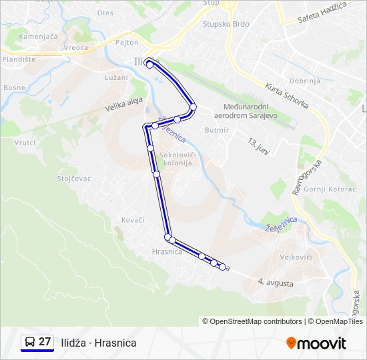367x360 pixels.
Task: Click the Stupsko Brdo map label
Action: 226,24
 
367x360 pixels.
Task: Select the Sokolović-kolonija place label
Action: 177,159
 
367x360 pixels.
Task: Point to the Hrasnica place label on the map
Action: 167,251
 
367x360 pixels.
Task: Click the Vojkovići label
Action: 296,256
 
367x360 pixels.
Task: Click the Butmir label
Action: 217,130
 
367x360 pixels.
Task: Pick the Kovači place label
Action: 132,219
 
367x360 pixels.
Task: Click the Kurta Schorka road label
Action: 286,97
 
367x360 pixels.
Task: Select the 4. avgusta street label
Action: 276,283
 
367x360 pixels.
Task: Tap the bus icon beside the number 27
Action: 29,343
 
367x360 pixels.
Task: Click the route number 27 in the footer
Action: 45,342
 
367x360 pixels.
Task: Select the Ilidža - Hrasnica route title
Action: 98,343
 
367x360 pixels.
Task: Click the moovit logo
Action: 316,343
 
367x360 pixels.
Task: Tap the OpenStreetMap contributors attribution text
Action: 252,321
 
